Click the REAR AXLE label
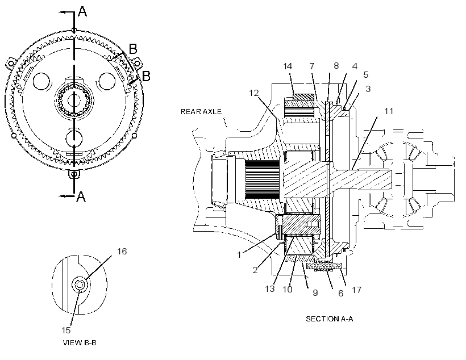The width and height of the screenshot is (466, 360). (201, 112)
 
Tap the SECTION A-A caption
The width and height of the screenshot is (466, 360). (329, 319)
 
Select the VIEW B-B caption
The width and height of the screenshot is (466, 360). (80, 343)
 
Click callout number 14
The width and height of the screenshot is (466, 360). (288, 66)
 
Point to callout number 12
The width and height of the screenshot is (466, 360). (254, 93)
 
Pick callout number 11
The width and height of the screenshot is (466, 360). (389, 111)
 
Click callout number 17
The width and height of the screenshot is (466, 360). (357, 290)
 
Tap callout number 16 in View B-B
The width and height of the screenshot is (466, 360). (122, 252)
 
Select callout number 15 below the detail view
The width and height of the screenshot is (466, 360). (66, 330)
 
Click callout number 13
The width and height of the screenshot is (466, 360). (270, 288)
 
